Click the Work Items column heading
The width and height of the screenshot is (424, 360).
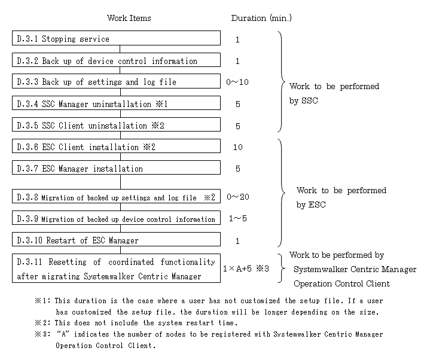pyautogui.click(x=129, y=18)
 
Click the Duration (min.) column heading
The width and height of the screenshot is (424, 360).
pyautogui.click(x=261, y=18)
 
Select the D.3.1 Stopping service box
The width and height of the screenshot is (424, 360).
pyautogui.click(x=116, y=38)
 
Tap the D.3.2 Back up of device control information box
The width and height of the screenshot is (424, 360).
pyautogui.click(x=116, y=60)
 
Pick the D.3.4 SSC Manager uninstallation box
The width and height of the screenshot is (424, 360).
pyautogui.click(x=116, y=103)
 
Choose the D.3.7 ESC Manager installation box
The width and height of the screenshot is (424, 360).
pyautogui.click(x=116, y=167)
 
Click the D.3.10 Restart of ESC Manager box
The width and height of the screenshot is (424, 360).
pyautogui.click(x=116, y=239)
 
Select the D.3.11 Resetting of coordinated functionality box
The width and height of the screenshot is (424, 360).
pyautogui.click(x=116, y=269)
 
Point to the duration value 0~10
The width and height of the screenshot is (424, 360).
pyautogui.click(x=237, y=82)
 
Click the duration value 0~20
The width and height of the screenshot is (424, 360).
pyautogui.click(x=238, y=197)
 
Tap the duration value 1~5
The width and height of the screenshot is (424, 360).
pyautogui.click(x=238, y=218)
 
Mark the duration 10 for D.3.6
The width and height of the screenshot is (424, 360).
pyautogui.click(x=238, y=147)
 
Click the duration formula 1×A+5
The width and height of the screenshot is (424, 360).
pyautogui.click(x=237, y=269)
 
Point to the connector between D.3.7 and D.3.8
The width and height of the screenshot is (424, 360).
pyautogui.click(x=120, y=182)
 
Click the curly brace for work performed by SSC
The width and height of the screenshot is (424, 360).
pyautogui.click(x=281, y=81)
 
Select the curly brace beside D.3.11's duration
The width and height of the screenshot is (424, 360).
pyautogui.click(x=282, y=269)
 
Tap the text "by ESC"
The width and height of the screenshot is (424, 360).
pyautogui.click(x=311, y=205)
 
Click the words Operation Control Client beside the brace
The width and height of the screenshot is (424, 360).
pyautogui.click(x=342, y=283)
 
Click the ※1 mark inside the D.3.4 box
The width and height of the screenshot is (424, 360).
pyautogui.click(x=161, y=104)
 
